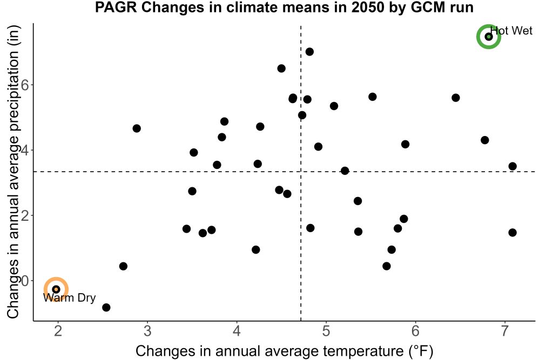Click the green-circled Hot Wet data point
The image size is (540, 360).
(488, 37)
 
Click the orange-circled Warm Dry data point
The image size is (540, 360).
(56, 289)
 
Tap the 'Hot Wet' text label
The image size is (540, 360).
(511, 31)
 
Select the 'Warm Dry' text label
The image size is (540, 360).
(69, 298)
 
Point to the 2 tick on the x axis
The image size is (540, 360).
(58, 331)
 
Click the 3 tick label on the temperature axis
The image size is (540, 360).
(147, 331)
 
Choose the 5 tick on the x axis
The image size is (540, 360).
(326, 331)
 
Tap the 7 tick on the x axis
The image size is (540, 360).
(505, 331)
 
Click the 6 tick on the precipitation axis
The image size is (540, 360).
(25, 85)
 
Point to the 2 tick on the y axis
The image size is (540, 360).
(25, 215)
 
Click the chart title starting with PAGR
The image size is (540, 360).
(284, 8)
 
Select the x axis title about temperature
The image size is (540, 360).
(284, 351)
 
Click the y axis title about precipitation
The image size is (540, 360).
(13, 172)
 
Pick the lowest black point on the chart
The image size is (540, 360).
(106, 307)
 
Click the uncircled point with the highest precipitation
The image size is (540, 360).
(309, 52)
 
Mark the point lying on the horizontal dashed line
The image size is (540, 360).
(345, 171)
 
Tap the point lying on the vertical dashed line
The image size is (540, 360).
(302, 115)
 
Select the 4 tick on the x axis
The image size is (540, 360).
(237, 331)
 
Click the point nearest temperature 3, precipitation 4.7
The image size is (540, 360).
(137, 128)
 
